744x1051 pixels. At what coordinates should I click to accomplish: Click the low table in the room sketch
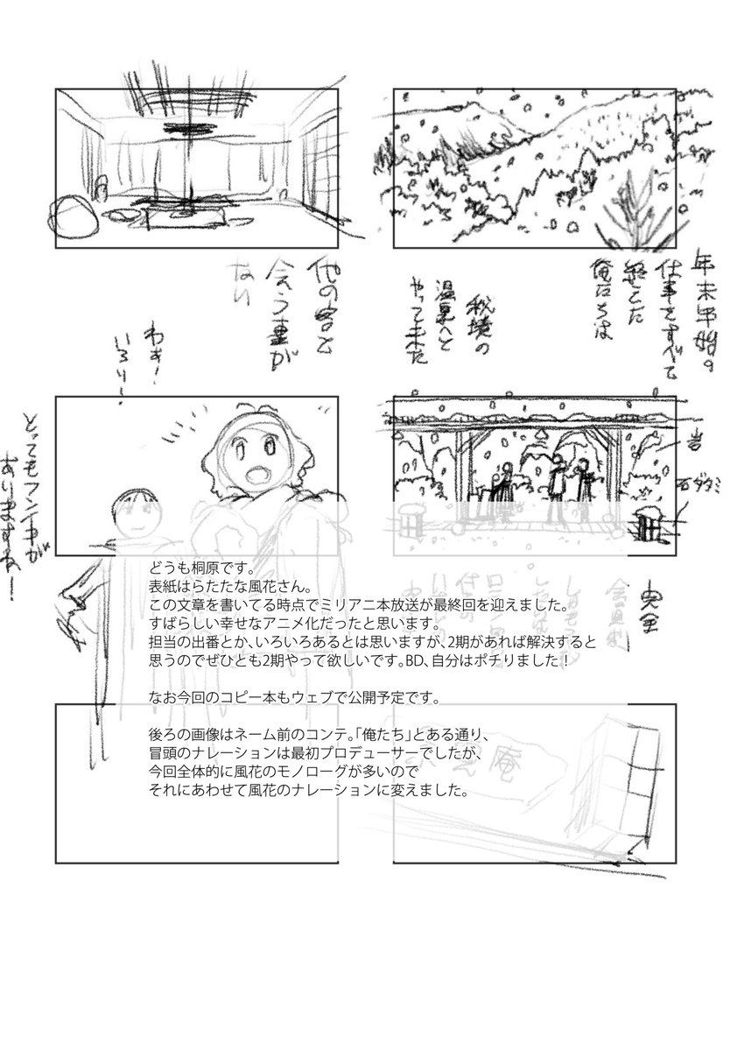point(185,209)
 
